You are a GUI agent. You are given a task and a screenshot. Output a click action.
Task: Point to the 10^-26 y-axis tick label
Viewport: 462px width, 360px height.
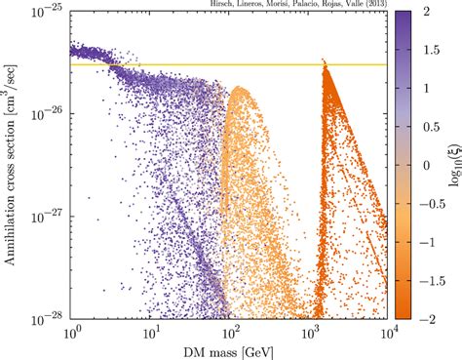click(x=50, y=114)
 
